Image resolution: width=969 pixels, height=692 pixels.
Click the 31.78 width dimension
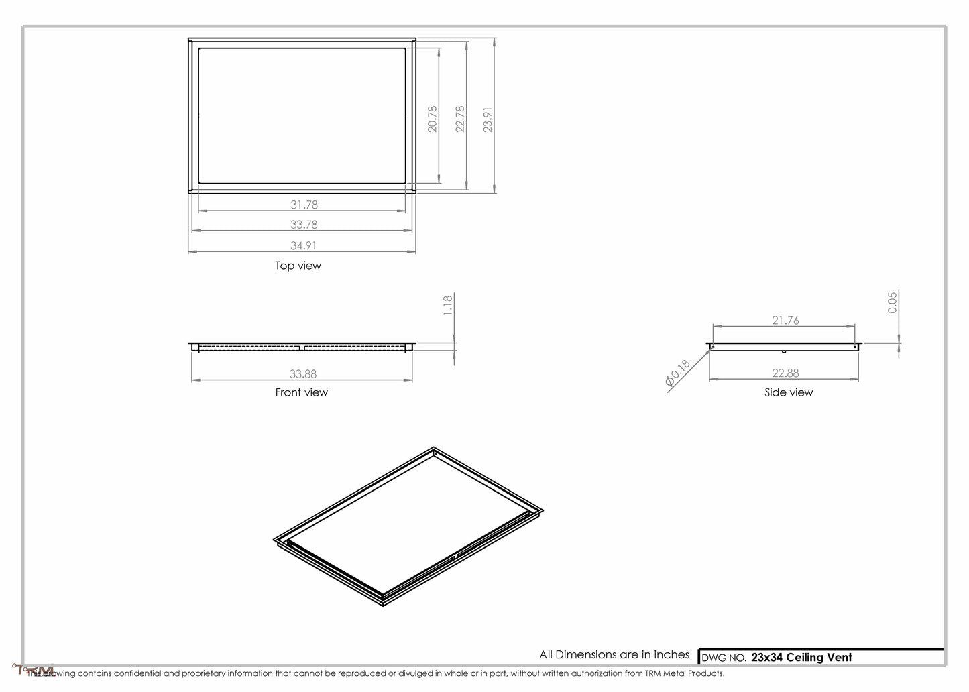click(304, 205)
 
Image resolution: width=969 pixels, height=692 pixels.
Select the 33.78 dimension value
click(304, 225)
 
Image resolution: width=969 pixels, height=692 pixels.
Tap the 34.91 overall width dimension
click(304, 245)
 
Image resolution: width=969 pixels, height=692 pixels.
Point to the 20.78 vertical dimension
click(433, 118)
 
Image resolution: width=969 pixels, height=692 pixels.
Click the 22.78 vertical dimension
click(460, 118)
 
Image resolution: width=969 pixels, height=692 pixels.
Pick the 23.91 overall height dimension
click(488, 119)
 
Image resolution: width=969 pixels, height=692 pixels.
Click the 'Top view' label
click(298, 266)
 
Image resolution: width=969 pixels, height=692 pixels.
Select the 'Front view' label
click(301, 392)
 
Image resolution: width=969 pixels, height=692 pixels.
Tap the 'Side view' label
click(788, 392)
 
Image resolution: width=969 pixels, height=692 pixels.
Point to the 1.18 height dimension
click(449, 304)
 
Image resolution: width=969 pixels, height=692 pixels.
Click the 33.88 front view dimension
click(303, 374)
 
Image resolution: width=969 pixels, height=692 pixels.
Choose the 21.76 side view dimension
click(785, 321)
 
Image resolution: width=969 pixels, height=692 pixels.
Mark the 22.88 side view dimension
click(785, 373)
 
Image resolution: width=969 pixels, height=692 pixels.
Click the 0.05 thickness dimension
click(893, 302)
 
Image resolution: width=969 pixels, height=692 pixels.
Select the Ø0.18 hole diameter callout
click(677, 373)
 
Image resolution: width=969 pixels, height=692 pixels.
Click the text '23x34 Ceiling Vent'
click(801, 658)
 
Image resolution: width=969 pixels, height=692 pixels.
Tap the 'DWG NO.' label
click(723, 658)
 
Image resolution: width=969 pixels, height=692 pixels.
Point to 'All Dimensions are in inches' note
click(614, 654)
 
